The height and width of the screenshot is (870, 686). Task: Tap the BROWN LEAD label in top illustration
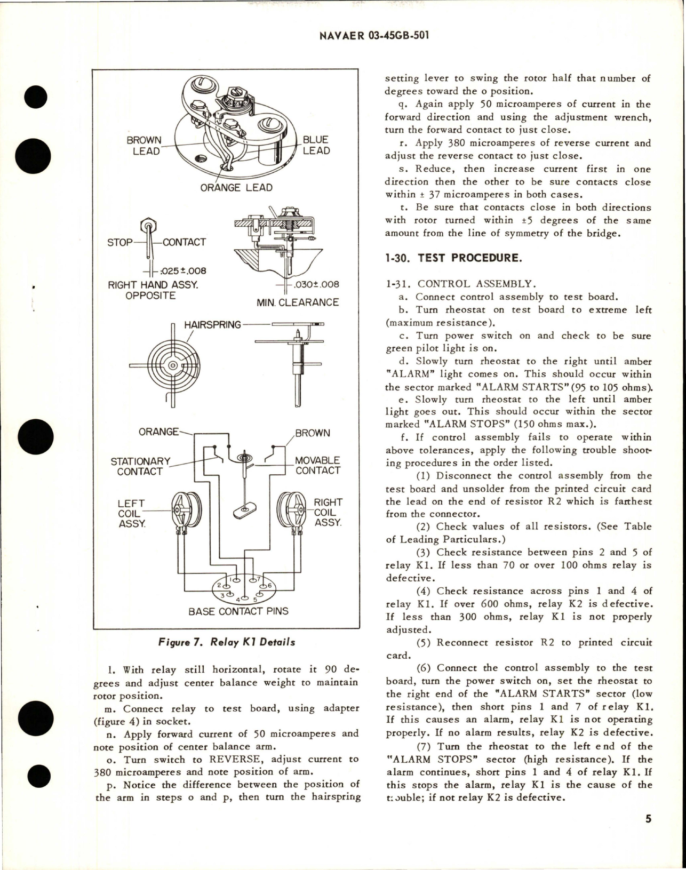pos(144,146)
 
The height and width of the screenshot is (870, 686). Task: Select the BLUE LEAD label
pos(316,145)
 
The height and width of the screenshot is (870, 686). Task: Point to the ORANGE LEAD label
pos(236,188)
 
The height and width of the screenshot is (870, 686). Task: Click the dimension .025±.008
pos(180,270)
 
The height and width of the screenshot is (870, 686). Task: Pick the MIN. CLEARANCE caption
pos(298,302)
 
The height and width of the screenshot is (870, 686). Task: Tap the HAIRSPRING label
pos(212,324)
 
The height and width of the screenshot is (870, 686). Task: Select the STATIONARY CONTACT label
pos(140,466)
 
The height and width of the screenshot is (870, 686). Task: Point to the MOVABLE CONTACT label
pos(317,465)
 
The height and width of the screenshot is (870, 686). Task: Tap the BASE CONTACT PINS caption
pos(238,611)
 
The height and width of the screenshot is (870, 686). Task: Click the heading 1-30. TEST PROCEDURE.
pos(452,258)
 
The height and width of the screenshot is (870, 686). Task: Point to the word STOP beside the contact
pos(120,242)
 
